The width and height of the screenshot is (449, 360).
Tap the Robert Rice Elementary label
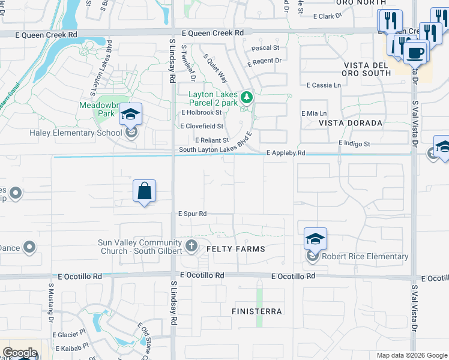365,257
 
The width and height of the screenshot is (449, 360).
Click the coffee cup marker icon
415,53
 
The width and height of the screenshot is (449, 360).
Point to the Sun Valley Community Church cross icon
191,245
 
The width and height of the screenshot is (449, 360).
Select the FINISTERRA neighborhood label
256,312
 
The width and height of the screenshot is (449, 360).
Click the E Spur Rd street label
192,214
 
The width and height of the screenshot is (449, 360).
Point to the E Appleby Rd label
286,154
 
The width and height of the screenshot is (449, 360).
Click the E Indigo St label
354,144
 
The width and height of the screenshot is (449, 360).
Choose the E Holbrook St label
202,112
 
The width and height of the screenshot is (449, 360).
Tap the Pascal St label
265,47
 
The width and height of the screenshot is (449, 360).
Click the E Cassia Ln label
323,86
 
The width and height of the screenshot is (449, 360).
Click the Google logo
19,353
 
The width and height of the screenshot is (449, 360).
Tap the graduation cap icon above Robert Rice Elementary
315,238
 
